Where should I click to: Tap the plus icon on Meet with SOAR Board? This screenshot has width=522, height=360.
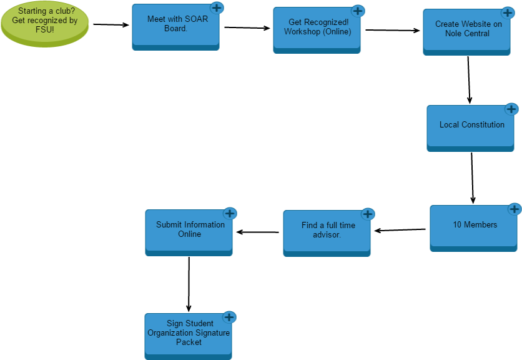point(217,7)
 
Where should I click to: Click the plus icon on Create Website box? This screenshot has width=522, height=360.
point(508,12)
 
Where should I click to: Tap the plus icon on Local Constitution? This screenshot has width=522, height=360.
point(511,109)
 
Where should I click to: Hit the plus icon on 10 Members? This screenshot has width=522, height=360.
point(515,209)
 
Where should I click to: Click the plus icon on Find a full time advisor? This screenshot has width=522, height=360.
point(368,214)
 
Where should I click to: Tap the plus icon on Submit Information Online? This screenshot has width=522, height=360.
point(230,213)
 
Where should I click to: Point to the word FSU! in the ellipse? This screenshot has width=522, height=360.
point(45,29)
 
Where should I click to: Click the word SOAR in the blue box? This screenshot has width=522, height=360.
point(196,19)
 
